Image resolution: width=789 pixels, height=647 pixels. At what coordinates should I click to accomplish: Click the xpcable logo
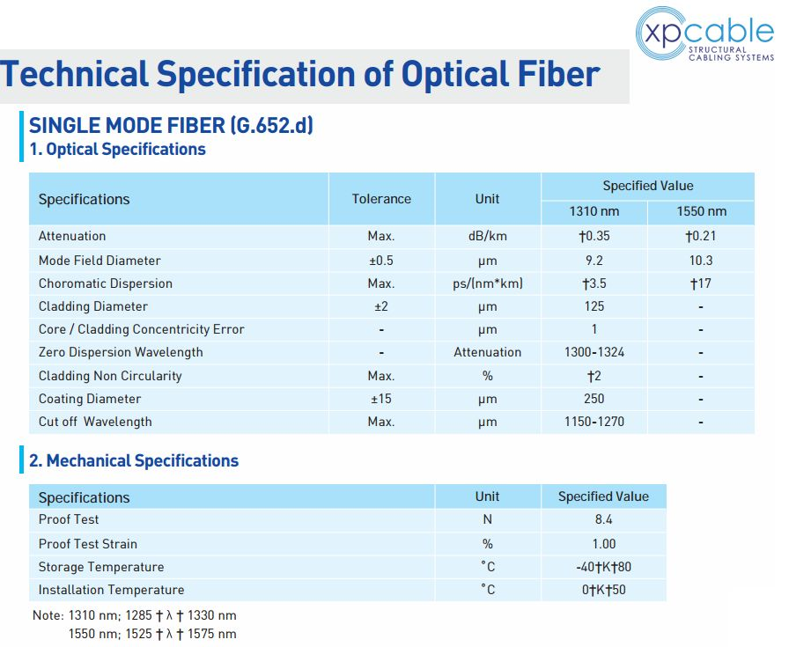click(704, 33)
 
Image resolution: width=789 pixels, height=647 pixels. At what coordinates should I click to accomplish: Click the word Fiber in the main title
click(558, 74)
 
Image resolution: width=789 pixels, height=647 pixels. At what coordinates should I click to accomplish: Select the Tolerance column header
click(381, 199)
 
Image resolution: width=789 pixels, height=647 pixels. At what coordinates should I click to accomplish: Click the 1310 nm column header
click(594, 211)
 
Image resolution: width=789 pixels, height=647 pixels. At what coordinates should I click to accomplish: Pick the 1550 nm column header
click(702, 211)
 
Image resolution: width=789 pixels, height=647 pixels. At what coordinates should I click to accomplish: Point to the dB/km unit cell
click(488, 236)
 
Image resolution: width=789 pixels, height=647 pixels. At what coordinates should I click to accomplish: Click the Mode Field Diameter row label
click(100, 261)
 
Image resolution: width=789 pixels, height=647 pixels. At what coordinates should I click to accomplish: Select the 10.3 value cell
click(701, 261)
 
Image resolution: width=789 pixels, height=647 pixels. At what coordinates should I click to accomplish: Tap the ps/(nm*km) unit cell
click(488, 283)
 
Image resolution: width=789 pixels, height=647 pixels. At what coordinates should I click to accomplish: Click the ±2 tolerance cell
click(381, 306)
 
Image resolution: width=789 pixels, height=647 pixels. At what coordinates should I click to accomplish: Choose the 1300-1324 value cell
click(594, 352)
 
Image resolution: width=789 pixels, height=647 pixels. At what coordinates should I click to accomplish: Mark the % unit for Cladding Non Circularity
click(488, 376)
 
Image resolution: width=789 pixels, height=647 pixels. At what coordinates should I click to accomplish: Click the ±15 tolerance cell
click(381, 399)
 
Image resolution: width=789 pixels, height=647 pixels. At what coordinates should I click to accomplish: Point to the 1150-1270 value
click(594, 422)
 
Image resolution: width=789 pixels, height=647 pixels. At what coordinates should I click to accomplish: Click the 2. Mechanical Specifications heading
click(134, 461)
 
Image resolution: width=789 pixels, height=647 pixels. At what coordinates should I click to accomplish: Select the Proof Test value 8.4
click(603, 519)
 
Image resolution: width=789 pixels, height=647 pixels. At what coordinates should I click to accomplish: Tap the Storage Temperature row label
click(101, 567)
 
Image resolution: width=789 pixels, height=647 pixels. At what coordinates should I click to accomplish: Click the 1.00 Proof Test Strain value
click(604, 544)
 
